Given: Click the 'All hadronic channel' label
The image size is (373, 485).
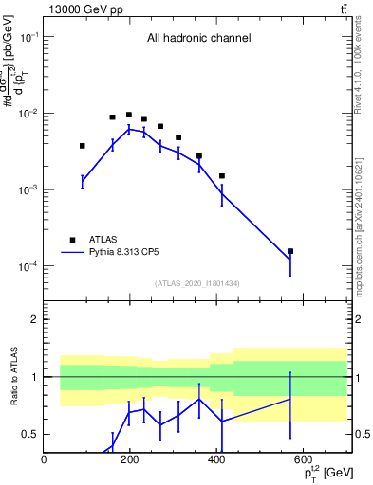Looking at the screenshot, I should point(198,39).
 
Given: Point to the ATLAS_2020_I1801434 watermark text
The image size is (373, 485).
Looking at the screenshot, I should point(196,283).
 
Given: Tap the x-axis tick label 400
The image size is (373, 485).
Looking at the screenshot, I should point(216,460).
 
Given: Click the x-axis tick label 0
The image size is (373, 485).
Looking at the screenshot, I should point(44,460).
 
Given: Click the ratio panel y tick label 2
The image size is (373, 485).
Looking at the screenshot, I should point(34,319).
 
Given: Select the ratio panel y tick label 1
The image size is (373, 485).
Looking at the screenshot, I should point(34,377).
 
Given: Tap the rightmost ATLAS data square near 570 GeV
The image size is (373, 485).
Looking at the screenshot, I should point(290,251).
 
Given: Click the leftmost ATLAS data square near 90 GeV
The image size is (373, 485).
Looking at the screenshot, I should point(83,146).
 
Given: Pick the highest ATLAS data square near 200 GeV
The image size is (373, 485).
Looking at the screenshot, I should point(129,115).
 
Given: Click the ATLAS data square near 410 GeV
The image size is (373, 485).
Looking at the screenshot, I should point(221,175).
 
